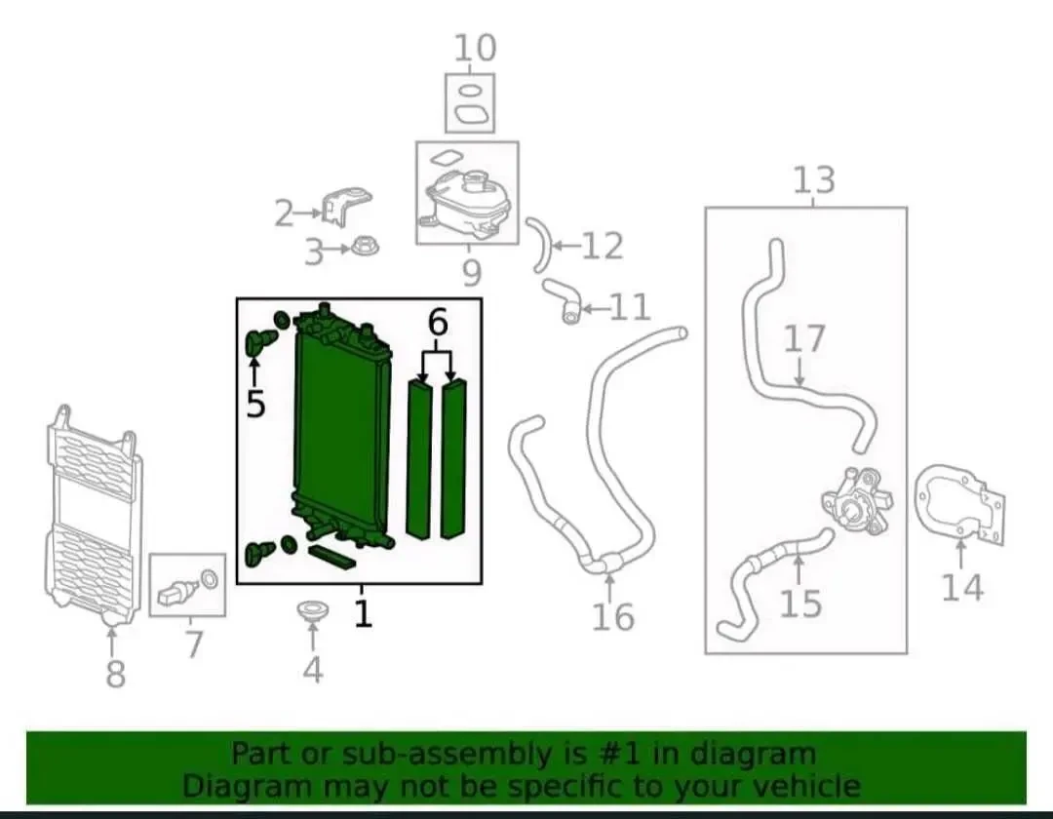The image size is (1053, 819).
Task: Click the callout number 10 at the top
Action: click(x=475, y=49)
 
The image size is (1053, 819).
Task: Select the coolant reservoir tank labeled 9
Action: click(x=467, y=201)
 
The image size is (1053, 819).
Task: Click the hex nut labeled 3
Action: click(x=363, y=248)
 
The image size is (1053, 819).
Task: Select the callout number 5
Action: click(x=255, y=404)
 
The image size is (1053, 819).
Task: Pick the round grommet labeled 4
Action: click(x=312, y=611)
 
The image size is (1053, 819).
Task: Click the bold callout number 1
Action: click(x=363, y=613)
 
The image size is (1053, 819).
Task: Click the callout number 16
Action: click(x=612, y=616)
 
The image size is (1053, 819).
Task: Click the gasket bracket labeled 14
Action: click(x=960, y=503)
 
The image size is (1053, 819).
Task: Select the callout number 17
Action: click(x=804, y=338)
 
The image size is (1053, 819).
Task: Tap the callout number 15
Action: click(x=800, y=603)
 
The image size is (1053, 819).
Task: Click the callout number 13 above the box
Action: click(x=814, y=180)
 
